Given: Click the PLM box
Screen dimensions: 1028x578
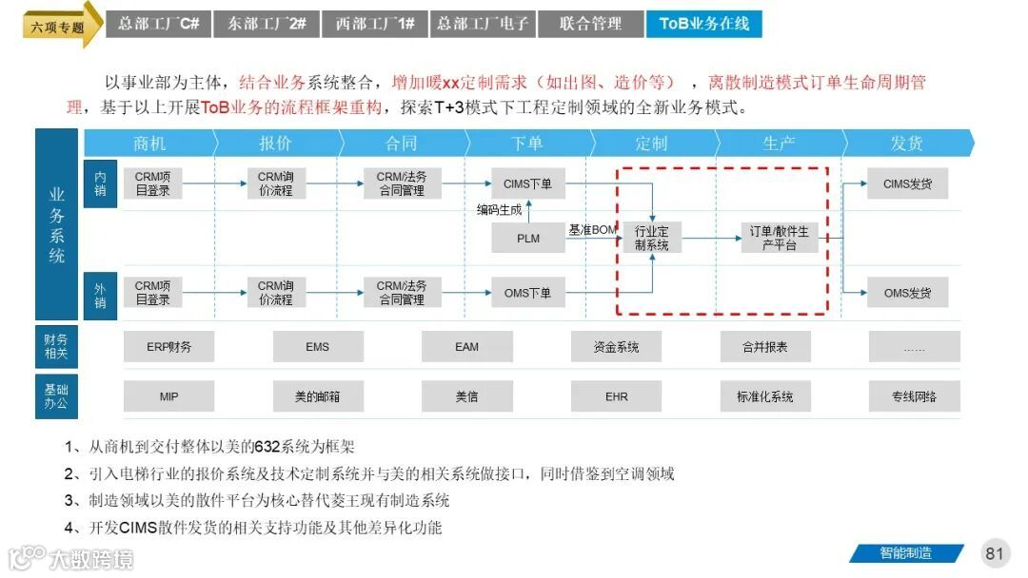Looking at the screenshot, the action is click(528, 239).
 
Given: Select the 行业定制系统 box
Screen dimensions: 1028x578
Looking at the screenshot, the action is click(652, 239).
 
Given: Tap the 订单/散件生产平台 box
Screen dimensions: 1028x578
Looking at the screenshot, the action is click(779, 239).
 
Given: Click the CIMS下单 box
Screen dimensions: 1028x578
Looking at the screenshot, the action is click(528, 183).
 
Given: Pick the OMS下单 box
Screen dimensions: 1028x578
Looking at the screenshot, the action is click(528, 293).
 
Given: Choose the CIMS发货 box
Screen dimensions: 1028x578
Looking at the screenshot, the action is click(907, 183).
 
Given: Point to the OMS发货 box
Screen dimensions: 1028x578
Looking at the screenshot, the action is click(907, 293).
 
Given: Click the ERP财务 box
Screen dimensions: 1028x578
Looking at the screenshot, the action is click(168, 347).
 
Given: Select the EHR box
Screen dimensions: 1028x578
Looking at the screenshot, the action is click(616, 396).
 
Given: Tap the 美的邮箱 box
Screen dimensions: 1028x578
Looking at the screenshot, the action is click(318, 396).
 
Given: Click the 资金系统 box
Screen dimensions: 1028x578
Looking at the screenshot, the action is click(616, 347).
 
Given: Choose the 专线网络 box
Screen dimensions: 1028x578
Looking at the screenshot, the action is click(914, 396).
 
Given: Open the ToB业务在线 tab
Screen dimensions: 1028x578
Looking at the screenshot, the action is click(703, 24).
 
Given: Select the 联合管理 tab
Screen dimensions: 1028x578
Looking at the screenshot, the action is click(590, 24).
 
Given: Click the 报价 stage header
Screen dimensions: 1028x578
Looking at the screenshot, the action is click(275, 144).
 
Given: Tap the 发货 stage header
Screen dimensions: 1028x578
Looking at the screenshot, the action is click(906, 144).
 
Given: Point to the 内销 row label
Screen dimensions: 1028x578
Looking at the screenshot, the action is click(100, 184).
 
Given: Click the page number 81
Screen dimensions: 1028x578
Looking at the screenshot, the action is click(995, 553).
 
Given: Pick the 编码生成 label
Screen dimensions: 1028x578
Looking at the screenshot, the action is click(500, 210).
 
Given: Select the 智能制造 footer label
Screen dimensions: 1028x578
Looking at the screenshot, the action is click(905, 553).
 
